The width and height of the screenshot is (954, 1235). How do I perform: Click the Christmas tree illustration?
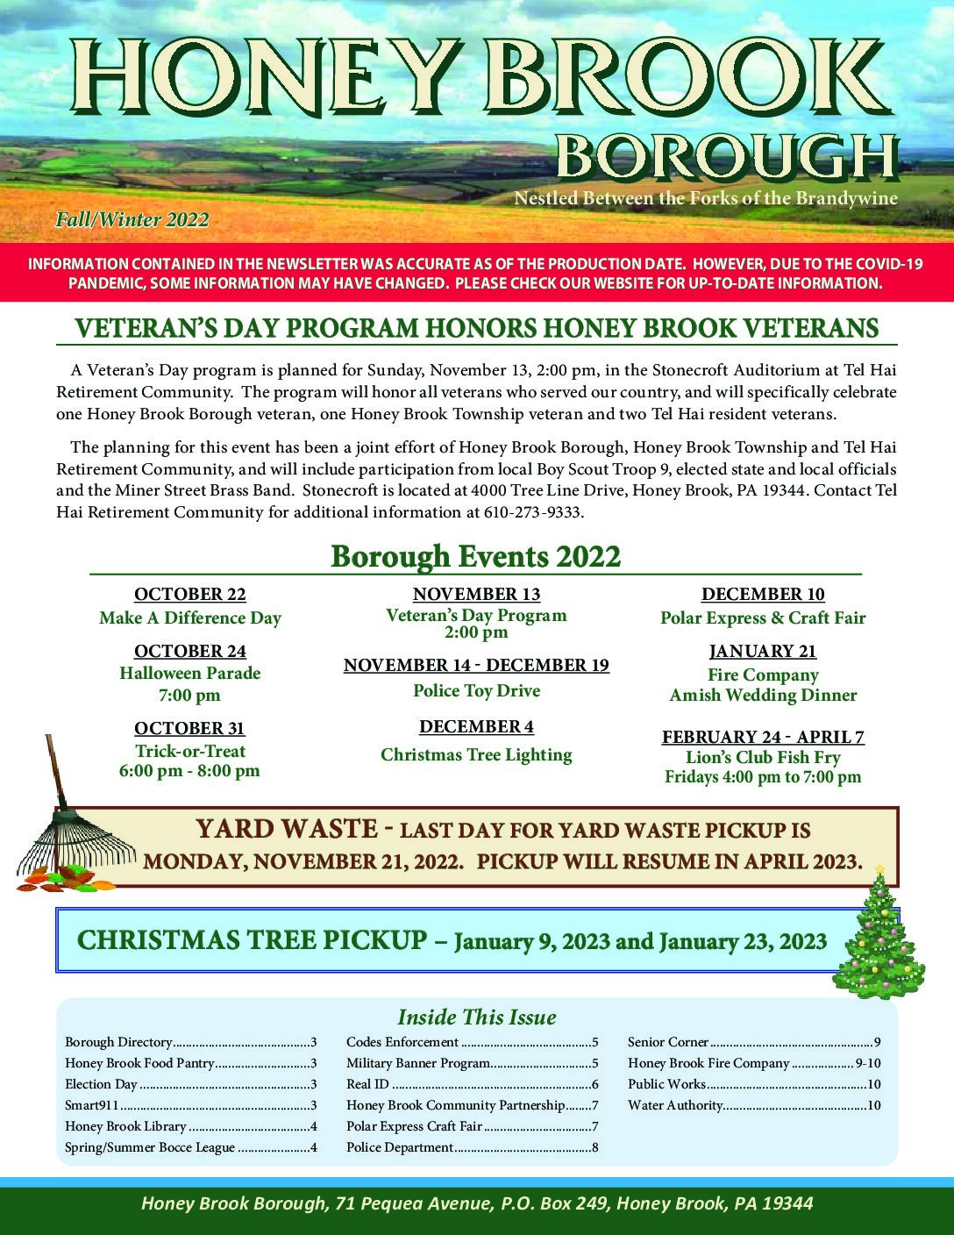click(868, 934)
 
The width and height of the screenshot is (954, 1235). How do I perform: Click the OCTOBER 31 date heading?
click(189, 728)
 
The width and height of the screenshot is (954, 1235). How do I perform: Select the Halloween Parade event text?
click(189, 674)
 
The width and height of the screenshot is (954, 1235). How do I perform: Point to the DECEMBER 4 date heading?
click(476, 726)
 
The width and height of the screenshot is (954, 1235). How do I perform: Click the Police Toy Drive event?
click(476, 690)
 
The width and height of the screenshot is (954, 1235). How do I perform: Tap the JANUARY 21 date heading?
click(762, 651)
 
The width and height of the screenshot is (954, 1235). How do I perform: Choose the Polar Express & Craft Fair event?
click(762, 617)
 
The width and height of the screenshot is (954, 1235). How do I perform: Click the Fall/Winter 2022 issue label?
click(132, 219)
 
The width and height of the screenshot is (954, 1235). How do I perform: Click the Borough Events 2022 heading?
click(475, 556)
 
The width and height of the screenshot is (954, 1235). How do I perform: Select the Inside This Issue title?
click(476, 1017)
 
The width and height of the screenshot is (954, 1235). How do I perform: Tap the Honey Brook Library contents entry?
click(125, 1126)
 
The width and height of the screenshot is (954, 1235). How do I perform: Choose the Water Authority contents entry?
click(674, 1105)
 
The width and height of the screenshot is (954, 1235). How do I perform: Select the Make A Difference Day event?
click(189, 617)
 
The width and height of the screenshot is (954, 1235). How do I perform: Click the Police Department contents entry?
click(400, 1147)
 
